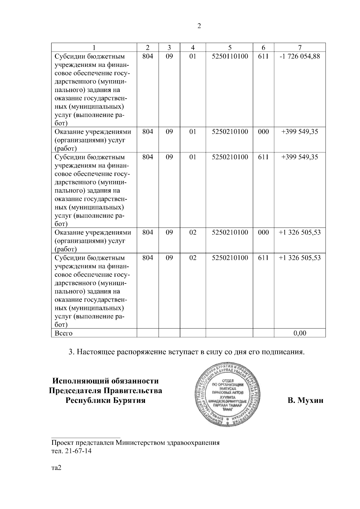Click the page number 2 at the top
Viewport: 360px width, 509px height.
pyautogui.click(x=199, y=26)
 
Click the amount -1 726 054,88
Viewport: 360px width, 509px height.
pyautogui.click(x=300, y=56)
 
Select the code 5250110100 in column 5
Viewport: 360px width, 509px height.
pyautogui.click(x=230, y=56)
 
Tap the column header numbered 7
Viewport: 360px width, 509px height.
pyautogui.click(x=300, y=47)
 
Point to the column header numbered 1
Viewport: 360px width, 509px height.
pyautogui.click(x=94, y=47)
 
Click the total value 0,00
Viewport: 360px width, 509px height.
pyautogui.click(x=300, y=333)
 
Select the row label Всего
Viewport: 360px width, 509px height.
pyautogui.click(x=63, y=333)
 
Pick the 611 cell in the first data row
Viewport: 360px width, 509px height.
pyautogui.click(x=263, y=56)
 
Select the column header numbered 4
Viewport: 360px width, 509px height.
pyautogui.click(x=193, y=47)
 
